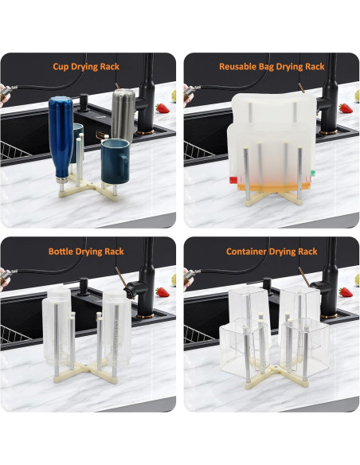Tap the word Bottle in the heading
(62, 251)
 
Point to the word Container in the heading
(247, 251)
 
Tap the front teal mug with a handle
(115, 157)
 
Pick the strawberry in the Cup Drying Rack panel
(162, 107)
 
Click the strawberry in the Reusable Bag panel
(344, 107)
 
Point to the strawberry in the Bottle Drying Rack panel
(162, 292)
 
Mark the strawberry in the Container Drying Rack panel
(344, 292)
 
